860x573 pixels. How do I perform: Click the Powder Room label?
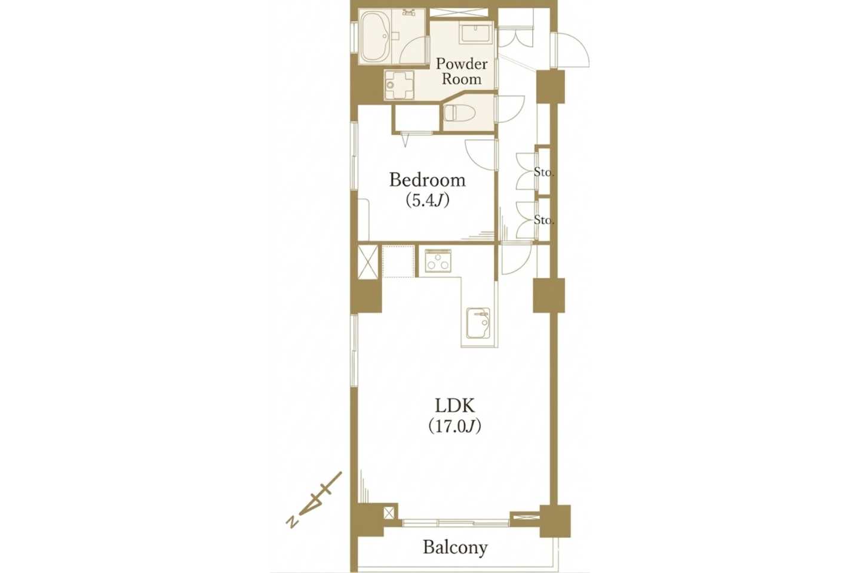point(462,72)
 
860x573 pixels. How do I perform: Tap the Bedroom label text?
point(428,180)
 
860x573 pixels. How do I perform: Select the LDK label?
point(455,405)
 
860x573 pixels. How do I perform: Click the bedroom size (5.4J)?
point(428,200)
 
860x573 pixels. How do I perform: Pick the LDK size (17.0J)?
point(455,426)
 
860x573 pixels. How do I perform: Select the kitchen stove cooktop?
point(438,261)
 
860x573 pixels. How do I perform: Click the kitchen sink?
point(478,323)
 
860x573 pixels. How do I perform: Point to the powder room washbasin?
point(477,33)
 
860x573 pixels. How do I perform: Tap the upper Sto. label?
point(544,172)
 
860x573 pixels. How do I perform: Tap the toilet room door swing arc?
point(518,111)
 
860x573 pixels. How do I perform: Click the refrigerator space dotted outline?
point(398,261)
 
